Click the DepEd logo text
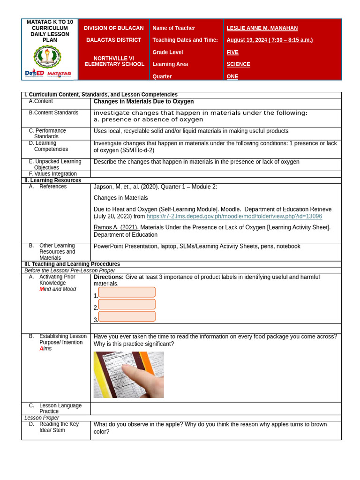tap(34, 73)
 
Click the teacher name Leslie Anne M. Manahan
tap(262, 28)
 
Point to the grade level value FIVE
tap(232, 52)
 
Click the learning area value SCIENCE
tap(238, 64)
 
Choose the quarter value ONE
tap(232, 76)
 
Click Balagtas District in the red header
tap(113, 40)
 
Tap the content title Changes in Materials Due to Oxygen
tap(143, 102)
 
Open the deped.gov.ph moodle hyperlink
tap(234, 217)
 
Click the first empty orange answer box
tap(127, 292)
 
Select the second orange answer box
tap(127, 304)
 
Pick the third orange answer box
tap(127, 316)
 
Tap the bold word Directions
tap(108, 277)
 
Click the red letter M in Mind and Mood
tap(42, 289)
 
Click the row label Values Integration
tap(52, 174)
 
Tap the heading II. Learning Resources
tap(52, 180)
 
